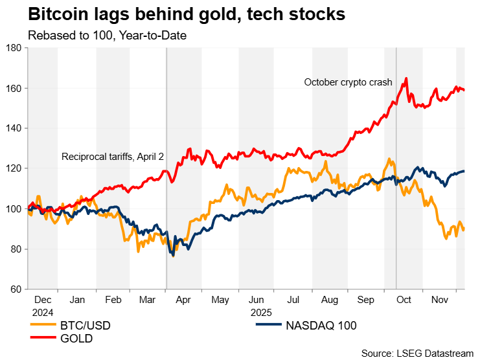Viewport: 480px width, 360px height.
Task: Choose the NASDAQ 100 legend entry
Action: tap(321, 325)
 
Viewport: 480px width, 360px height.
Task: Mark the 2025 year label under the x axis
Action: tap(263, 312)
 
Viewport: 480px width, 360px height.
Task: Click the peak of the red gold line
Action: tap(406, 78)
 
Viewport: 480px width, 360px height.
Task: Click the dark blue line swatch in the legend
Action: tap(264, 325)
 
